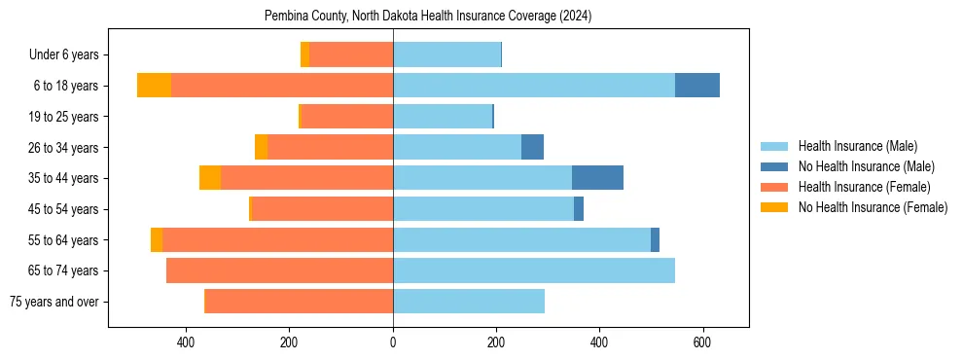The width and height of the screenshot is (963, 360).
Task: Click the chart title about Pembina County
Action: [428, 17]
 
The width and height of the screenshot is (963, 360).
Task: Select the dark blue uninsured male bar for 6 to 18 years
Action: [697, 86]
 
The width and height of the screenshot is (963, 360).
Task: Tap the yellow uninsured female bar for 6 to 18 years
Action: [154, 86]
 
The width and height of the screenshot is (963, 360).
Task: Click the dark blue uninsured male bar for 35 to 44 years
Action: [597, 178]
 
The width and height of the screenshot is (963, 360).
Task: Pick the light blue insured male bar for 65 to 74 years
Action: [534, 270]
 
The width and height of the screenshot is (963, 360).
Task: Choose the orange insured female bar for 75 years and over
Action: [299, 302]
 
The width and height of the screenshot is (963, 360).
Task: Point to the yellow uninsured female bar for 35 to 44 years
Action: [210, 178]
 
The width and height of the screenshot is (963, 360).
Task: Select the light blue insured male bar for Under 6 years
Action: [446, 54]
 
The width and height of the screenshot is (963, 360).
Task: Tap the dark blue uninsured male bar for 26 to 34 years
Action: [532, 147]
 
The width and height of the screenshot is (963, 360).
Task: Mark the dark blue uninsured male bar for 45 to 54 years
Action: [579, 209]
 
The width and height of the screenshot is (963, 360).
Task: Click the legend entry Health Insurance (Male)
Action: [857, 146]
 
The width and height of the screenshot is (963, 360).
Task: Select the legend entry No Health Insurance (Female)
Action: [873, 207]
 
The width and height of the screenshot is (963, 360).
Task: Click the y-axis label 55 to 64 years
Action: [63, 240]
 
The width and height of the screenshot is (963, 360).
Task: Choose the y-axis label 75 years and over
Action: [53, 302]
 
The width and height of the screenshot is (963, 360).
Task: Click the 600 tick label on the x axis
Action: [702, 342]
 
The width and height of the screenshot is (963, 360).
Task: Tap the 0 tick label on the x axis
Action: [393, 342]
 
